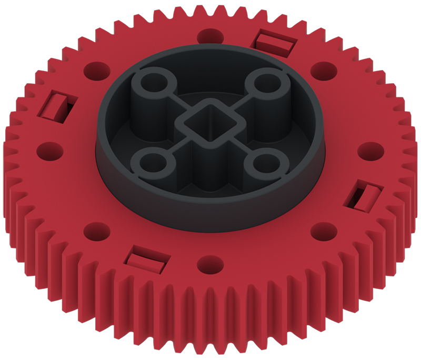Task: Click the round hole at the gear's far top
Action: click(x=210, y=36)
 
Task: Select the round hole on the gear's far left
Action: click(x=49, y=151)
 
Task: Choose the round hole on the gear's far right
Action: click(x=370, y=151)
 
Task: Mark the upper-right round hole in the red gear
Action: click(x=324, y=69)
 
